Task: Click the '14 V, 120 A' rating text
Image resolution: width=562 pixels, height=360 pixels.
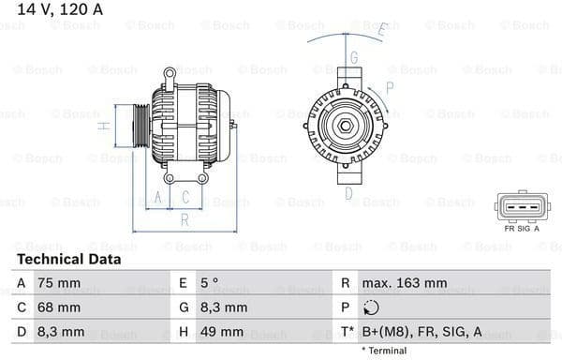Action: (x=58, y=9)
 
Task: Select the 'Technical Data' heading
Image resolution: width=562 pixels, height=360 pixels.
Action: (x=68, y=260)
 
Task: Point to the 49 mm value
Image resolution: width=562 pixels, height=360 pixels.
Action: (x=222, y=332)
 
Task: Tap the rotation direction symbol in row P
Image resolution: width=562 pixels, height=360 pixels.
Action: (x=372, y=307)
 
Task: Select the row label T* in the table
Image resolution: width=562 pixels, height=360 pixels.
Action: (x=347, y=332)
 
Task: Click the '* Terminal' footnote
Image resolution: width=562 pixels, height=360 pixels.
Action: (x=384, y=351)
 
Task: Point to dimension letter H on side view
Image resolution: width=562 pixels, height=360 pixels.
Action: (x=105, y=124)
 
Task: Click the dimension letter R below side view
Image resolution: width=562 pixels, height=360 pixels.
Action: (x=185, y=219)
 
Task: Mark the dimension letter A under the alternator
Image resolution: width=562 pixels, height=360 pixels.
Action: (x=159, y=198)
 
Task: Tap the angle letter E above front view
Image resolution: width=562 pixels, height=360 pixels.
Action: (x=381, y=30)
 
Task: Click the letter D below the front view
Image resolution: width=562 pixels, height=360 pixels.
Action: (x=348, y=194)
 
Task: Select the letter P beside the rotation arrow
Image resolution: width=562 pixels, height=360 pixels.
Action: (x=389, y=87)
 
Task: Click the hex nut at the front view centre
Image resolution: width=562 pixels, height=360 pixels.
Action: (x=346, y=127)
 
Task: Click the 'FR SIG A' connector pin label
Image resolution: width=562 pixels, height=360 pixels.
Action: (x=522, y=228)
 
